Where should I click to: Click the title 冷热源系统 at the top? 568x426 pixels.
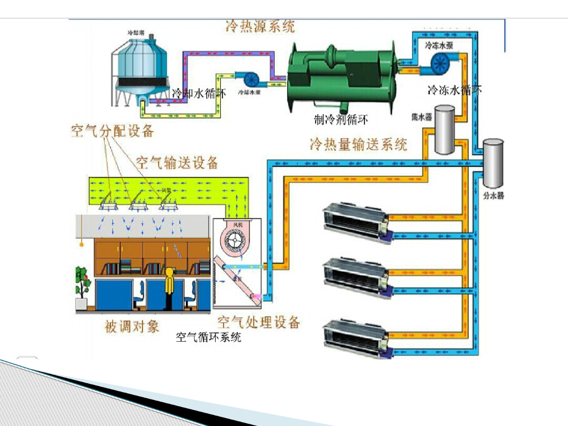260,26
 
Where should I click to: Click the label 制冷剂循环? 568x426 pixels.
341,119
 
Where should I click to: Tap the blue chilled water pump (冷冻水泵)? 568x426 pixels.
441,63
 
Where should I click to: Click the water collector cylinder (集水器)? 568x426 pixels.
443,130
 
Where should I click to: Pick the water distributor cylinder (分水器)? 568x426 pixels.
493,162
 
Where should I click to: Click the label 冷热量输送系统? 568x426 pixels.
358,144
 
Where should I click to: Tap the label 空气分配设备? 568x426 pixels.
112,131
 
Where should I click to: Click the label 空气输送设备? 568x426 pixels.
177,163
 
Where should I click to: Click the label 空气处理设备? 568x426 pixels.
258,322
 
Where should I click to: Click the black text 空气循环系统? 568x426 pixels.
209,337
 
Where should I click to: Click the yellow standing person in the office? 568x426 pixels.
170,286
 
